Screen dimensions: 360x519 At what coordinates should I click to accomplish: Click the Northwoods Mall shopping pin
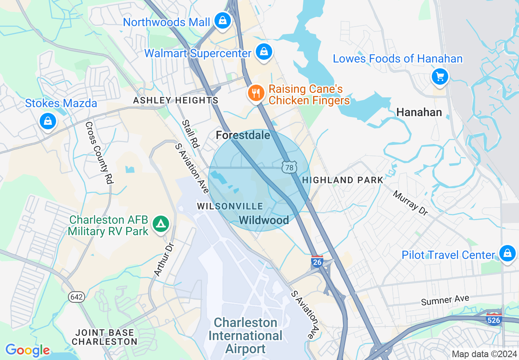coord(222,20)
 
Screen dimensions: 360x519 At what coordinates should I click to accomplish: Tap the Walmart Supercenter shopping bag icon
coord(264,52)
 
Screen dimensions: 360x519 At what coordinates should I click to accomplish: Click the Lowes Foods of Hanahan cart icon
coord(440,76)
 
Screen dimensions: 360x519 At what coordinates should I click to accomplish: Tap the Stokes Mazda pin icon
coord(48,121)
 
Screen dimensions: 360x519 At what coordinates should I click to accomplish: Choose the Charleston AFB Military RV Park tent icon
coord(161,224)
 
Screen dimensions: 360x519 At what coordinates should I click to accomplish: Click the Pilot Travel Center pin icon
coord(507,253)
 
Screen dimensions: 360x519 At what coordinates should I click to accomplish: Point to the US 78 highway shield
coord(289,167)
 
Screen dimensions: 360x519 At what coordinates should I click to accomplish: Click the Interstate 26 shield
coord(317,261)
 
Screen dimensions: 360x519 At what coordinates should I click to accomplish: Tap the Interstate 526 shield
coord(494,319)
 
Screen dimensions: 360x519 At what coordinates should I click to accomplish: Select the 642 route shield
coord(77,297)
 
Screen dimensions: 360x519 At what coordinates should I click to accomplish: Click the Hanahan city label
coord(419,112)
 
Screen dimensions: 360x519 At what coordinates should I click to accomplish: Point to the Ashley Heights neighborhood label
coord(176,100)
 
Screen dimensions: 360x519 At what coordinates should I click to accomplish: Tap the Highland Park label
coord(343,180)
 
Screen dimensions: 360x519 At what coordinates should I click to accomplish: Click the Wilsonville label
coord(230,206)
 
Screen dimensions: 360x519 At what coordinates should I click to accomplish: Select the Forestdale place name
coord(243,135)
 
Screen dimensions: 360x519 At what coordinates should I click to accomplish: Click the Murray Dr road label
coord(411,203)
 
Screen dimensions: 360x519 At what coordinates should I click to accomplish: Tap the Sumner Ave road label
coord(445,301)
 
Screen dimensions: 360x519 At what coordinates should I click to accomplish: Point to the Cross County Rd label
coord(99,153)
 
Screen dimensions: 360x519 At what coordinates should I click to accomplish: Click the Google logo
coord(27,350)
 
